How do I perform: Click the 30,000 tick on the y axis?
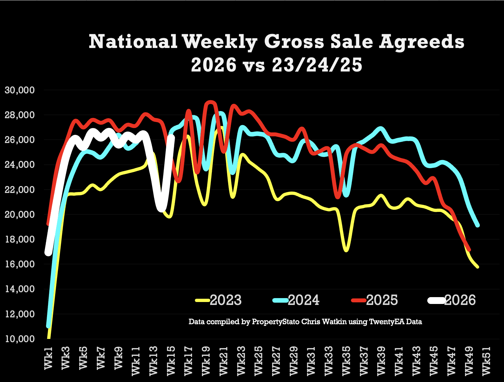20,90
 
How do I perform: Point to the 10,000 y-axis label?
20,339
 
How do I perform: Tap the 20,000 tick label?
20,215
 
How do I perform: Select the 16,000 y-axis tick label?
20,264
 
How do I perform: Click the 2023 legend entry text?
226,300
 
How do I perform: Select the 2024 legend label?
304,300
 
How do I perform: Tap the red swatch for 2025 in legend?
358,300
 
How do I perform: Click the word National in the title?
133,41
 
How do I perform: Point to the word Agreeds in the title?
422,42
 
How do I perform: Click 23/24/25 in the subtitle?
317,65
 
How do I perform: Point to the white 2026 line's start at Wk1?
48,252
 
